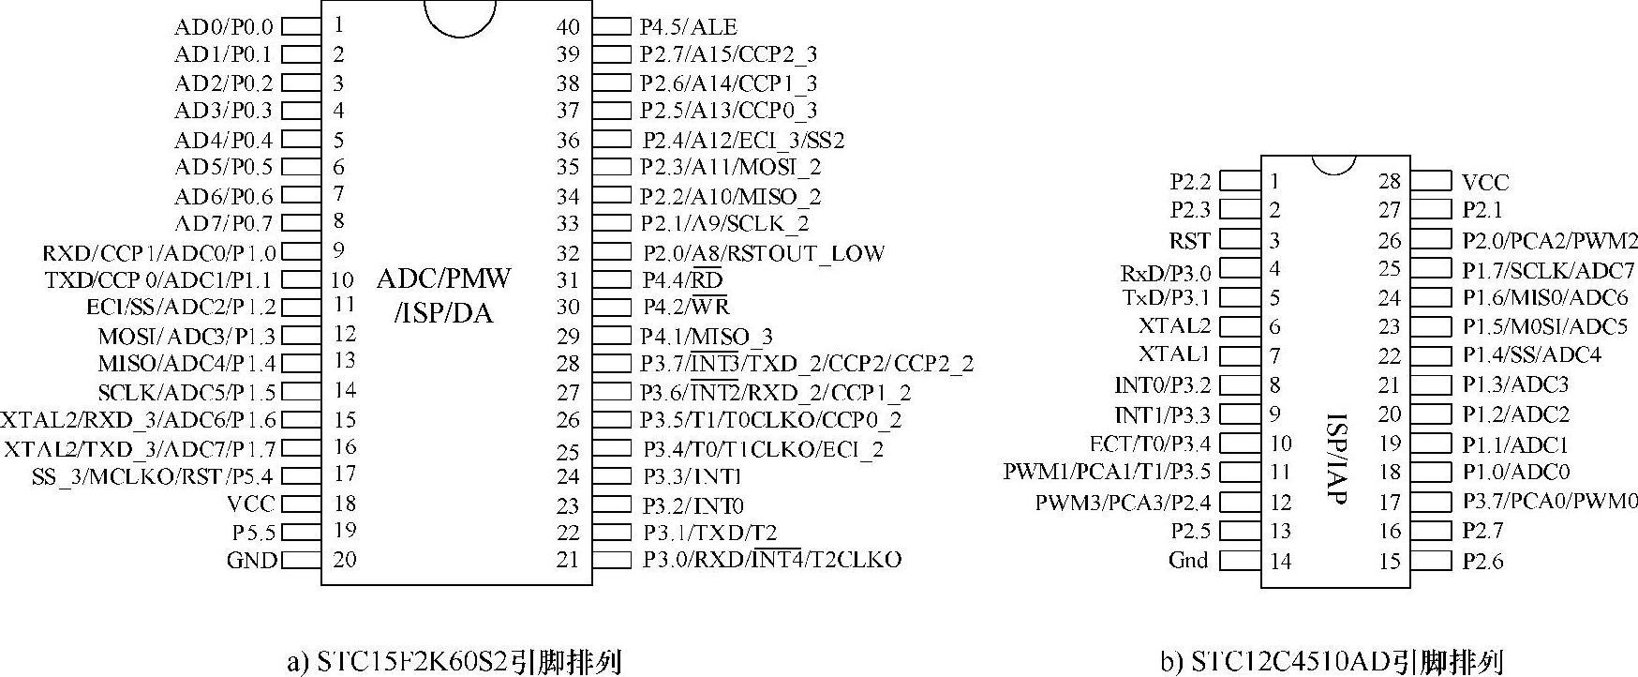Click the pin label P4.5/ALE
coord(688,27)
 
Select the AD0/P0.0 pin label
coord(224,27)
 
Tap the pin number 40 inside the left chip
coord(568,27)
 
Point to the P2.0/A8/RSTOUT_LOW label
coord(763,253)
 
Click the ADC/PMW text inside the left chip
coord(444,278)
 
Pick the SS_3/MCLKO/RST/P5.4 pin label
coord(154,476)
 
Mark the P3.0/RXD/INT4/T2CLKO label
coord(771,560)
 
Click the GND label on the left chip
coord(251,561)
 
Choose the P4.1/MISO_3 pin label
coord(707,336)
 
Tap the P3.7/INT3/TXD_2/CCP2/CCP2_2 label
coord(807,364)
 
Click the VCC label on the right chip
coord(1485,182)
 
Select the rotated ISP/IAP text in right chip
coord(1337,459)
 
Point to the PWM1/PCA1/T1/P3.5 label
coord(1107,472)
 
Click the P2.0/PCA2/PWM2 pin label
coord(1550,240)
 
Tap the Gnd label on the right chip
coord(1188,561)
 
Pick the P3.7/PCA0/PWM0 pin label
coord(1550,502)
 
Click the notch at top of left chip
coord(459,17)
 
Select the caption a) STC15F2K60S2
coord(454,662)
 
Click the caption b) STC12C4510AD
coord(1332,662)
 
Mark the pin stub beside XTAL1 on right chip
coord(1239,355)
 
